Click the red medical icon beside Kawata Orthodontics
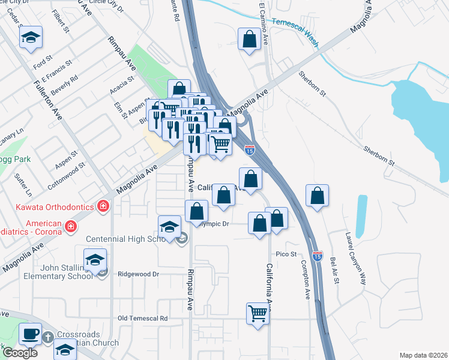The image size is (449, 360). coord(103,206)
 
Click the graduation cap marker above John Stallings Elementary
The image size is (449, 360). coord(95,261)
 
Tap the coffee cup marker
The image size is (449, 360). coord(30,334)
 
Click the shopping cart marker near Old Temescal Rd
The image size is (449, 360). coord(258,313)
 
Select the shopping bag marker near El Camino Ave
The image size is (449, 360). coord(249,40)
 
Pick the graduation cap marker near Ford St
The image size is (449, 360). coord(29,38)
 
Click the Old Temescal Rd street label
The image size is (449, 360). coord(143,318)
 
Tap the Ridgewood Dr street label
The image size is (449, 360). coord(137,274)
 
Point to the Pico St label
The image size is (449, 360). coord(286,254)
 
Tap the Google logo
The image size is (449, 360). coord(19,353)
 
